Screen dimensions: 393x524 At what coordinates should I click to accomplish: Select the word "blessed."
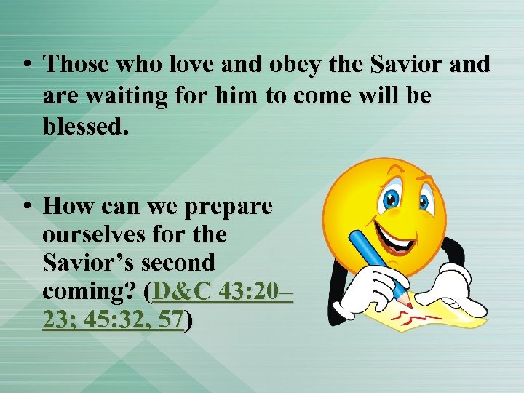point(86,128)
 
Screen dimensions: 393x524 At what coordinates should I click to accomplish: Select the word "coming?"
point(92,291)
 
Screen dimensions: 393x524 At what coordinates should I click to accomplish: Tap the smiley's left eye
point(392,196)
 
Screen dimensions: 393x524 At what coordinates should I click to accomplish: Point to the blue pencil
point(378,265)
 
